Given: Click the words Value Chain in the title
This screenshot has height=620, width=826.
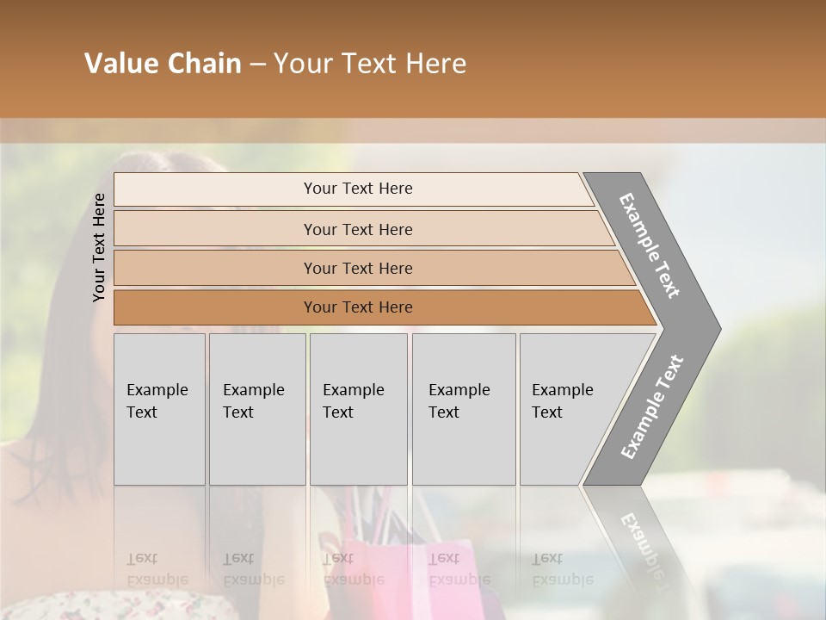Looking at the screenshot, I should pyautogui.click(x=163, y=64).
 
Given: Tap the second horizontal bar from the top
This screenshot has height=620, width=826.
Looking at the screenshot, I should pyautogui.click(x=358, y=229).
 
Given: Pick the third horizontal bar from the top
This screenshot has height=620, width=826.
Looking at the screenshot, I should pyautogui.click(x=358, y=268).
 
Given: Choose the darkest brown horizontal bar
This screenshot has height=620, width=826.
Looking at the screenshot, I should pyautogui.click(x=358, y=307).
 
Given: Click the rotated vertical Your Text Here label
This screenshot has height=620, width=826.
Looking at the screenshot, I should pyautogui.click(x=99, y=247).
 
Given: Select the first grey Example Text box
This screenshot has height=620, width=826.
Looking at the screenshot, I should pyautogui.click(x=159, y=409).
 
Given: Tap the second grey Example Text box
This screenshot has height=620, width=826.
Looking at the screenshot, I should pyautogui.click(x=256, y=409).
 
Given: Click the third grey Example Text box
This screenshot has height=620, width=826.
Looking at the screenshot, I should pyautogui.click(x=358, y=409).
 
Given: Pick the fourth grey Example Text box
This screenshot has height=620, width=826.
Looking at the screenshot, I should pyautogui.click(x=463, y=409).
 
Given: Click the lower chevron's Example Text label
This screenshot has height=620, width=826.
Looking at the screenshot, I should pyautogui.click(x=652, y=406).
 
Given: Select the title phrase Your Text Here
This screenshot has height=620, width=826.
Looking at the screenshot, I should pyautogui.click(x=370, y=64).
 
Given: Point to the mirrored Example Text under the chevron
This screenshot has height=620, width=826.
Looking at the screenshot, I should pyautogui.click(x=644, y=542).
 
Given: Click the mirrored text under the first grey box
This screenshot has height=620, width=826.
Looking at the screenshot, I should pyautogui.click(x=157, y=569).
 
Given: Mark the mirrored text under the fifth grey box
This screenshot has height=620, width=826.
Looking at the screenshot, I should pyautogui.click(x=563, y=569).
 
